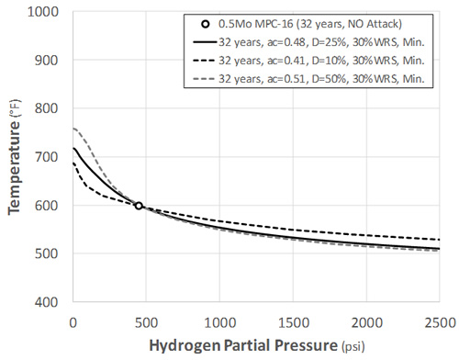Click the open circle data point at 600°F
139,206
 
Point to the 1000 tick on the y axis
48,13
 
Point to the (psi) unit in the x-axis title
352,346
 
